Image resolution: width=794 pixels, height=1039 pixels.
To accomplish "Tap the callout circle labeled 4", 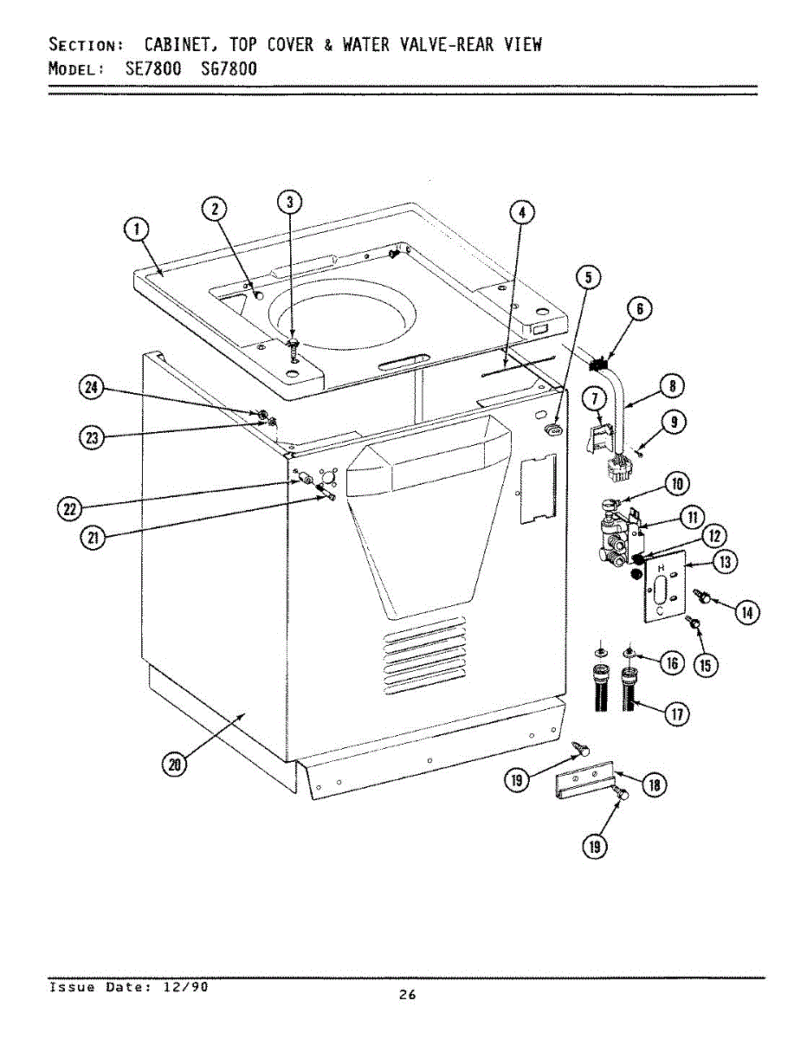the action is (521, 212).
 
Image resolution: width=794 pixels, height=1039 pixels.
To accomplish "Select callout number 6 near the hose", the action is (639, 310).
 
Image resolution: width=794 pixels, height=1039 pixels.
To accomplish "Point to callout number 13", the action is (725, 562).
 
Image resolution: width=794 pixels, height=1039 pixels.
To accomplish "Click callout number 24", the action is (90, 389).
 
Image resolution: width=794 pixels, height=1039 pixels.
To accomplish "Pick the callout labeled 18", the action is (654, 784).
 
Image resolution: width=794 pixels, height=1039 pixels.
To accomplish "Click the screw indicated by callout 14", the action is (702, 597).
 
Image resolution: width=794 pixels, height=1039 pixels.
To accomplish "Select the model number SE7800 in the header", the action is (153, 68).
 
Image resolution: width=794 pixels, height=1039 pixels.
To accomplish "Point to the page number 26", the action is (407, 995).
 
